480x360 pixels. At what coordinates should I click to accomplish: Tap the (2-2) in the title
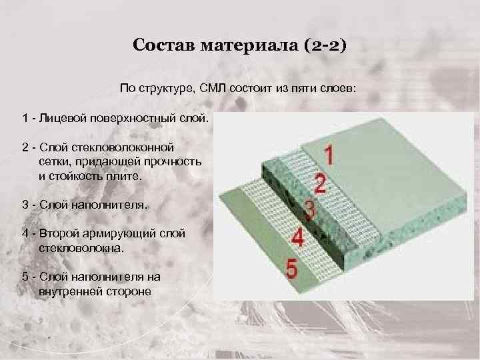(x=324, y=45)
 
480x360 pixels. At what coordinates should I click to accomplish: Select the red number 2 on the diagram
(x=321, y=184)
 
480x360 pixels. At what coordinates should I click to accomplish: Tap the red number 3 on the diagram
(x=309, y=210)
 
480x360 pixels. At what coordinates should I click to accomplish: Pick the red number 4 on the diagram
(x=298, y=238)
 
